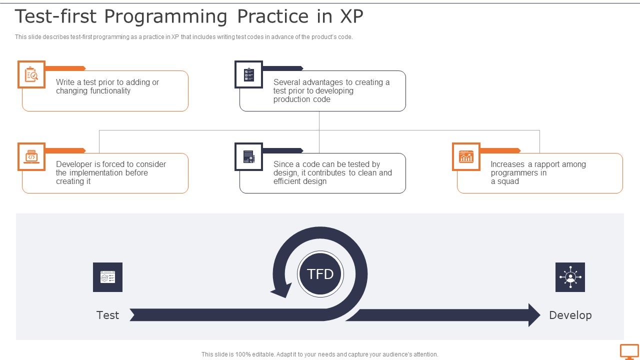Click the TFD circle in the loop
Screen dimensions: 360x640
point(320,274)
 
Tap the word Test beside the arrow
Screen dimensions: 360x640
point(107,315)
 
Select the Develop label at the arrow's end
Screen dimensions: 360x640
point(570,315)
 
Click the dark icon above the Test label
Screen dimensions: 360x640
point(107,277)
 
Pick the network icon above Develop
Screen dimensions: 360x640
point(570,277)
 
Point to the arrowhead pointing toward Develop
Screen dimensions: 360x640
point(534,315)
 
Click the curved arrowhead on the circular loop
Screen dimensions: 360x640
point(281,289)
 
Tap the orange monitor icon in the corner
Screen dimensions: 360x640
point(629,351)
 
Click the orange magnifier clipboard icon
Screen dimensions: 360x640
point(31,74)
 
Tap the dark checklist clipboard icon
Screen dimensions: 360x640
point(248,74)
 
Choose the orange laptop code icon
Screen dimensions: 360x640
point(31,156)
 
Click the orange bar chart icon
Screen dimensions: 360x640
point(466,156)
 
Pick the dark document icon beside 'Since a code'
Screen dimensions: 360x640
point(248,156)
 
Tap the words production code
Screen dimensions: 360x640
point(301,99)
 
